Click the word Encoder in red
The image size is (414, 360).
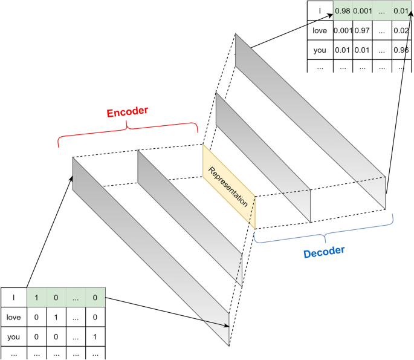coord(128,113)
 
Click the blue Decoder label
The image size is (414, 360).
coord(324,250)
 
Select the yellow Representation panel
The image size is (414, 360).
coord(228,184)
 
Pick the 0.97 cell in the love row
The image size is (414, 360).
coord(363,30)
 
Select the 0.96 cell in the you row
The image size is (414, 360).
coord(399,49)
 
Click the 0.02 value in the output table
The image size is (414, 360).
coord(399,30)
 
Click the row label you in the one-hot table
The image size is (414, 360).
coord(13,334)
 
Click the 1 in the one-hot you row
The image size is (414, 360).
coord(94,334)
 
